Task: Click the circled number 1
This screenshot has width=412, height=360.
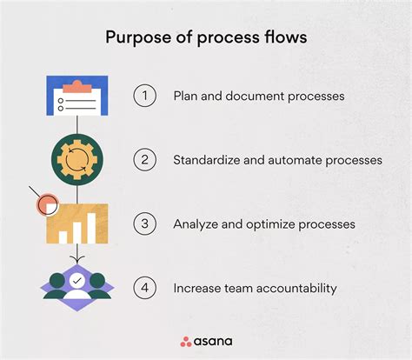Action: point(144,97)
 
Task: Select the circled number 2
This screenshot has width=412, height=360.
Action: point(144,160)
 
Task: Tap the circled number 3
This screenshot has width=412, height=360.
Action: point(144,223)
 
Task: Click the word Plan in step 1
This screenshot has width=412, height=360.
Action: point(186,97)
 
